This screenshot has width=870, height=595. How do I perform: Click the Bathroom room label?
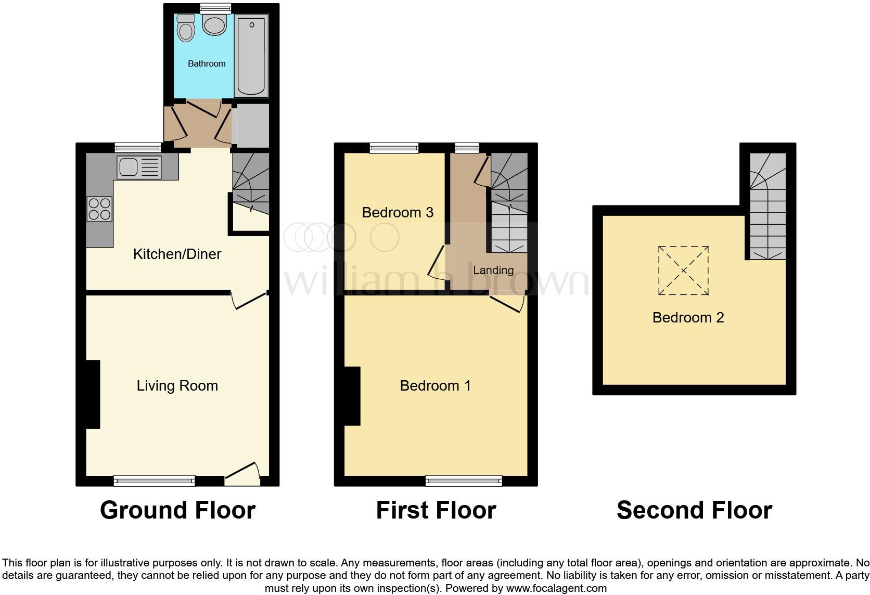point(207,63)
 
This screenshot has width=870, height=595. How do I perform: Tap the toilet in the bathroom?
point(185,28)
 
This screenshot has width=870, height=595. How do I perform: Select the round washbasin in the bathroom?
point(214,24)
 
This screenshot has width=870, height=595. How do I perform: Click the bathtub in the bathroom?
point(251,56)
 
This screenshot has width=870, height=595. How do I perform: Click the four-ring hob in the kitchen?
point(99,209)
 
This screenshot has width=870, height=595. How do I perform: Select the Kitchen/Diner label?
point(177,254)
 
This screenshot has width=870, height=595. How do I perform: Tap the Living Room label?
point(177,385)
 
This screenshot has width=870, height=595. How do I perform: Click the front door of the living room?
point(242,474)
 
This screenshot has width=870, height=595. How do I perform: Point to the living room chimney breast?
point(93,394)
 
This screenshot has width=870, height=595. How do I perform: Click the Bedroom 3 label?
point(398,212)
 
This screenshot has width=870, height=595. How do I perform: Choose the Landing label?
point(493,270)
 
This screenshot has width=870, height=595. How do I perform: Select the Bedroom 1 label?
point(435,385)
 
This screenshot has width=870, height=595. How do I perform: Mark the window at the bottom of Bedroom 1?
point(464,481)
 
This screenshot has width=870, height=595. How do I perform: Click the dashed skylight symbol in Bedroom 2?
point(683,270)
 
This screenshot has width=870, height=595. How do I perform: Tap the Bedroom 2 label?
point(688,317)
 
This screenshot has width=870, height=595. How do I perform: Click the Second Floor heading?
point(694,510)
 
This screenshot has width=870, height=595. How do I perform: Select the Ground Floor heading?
point(177,510)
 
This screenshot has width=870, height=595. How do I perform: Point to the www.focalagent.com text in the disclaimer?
point(556,588)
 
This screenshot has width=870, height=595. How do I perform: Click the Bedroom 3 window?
point(394,148)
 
